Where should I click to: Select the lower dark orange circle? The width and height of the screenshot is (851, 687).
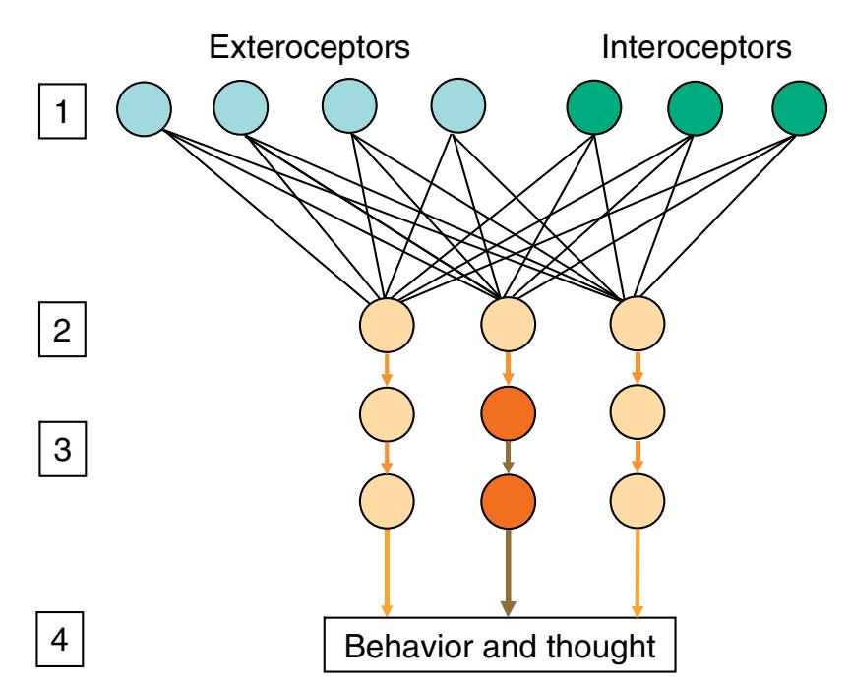pyautogui.click(x=508, y=502)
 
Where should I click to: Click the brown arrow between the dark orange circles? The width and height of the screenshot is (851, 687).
pyautogui.click(x=508, y=458)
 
